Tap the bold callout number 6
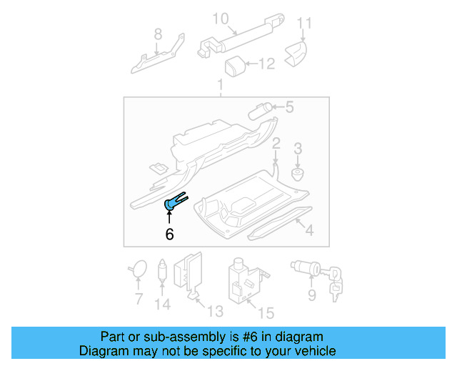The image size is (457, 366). [169, 234]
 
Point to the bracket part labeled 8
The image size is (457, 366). [158, 56]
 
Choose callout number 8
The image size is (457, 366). [158, 33]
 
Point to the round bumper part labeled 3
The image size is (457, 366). [298, 173]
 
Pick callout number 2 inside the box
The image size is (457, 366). [276, 144]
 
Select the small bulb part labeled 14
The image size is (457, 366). [163, 272]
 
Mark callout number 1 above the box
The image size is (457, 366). [220, 86]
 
